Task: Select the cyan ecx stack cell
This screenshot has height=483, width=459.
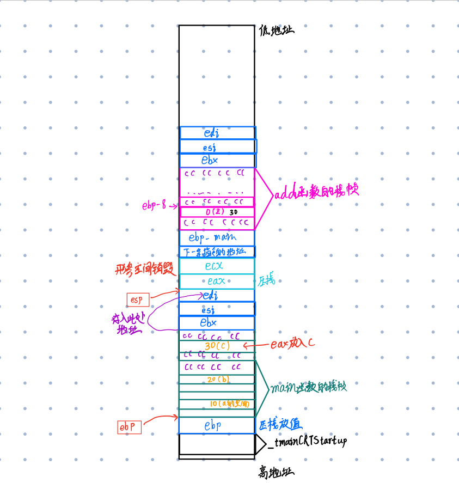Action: click(217, 266)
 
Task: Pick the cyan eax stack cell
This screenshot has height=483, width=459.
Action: click(217, 282)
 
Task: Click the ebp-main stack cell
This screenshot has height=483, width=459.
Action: click(217, 238)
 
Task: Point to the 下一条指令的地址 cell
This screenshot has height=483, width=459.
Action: click(217, 252)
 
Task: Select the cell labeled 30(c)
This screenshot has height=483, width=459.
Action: click(217, 346)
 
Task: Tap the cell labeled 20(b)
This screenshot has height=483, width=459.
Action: click(217, 379)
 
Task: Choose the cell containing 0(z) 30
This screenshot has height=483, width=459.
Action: click(217, 212)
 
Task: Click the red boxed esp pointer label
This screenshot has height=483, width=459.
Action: click(137, 299)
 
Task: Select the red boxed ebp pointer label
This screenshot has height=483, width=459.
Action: click(130, 427)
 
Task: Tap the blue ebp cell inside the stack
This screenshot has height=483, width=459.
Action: click(217, 426)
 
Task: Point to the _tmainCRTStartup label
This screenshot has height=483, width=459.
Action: click(307, 442)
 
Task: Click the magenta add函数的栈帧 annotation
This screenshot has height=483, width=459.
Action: click(316, 193)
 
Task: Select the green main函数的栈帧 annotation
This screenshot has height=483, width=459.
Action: click(309, 388)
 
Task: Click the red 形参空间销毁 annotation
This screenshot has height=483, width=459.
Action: click(139, 270)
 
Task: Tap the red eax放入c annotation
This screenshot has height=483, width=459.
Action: click(293, 344)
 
